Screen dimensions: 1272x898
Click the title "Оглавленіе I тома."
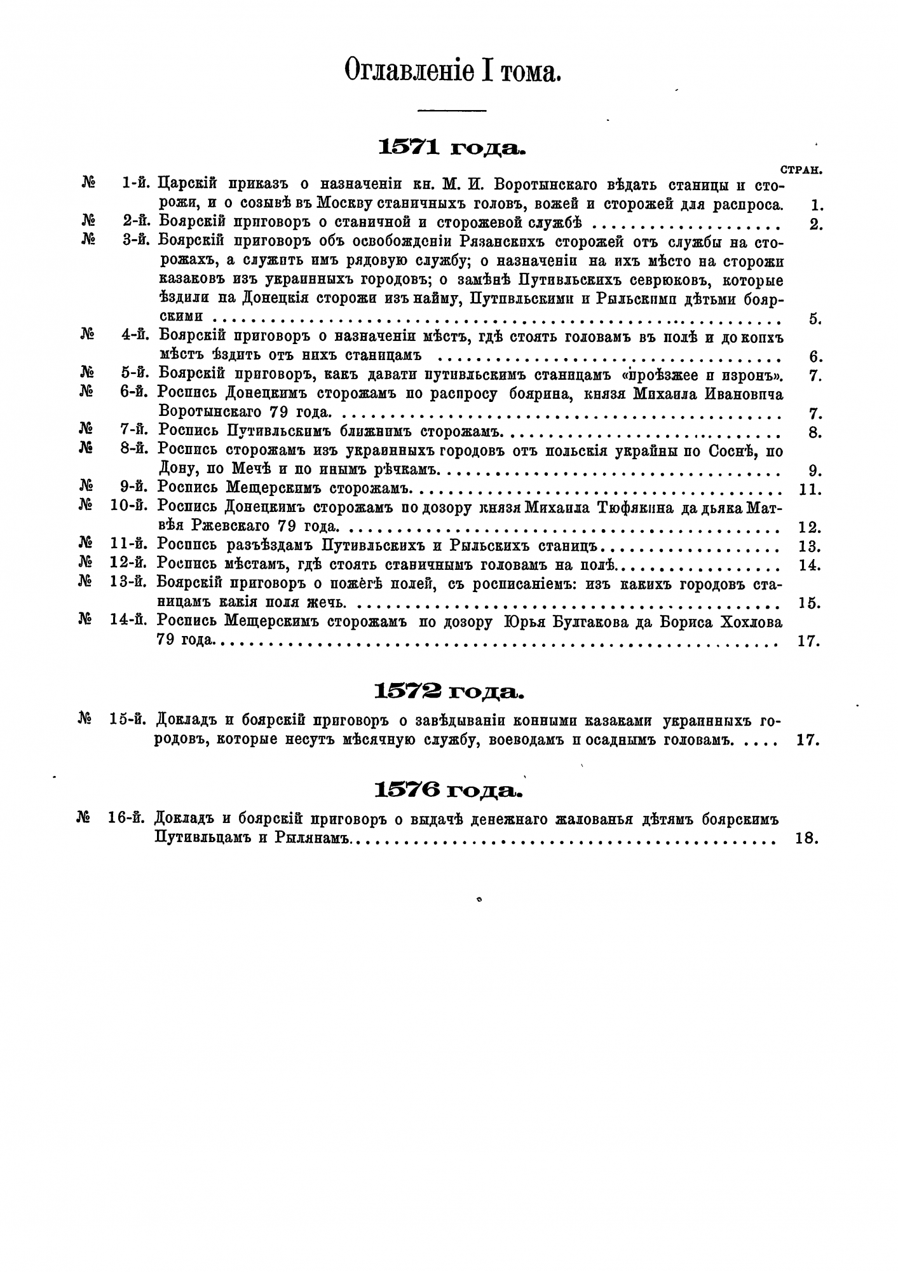tap(452, 71)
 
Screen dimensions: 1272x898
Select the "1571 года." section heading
tap(452, 148)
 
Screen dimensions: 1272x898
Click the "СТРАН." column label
tap(800, 170)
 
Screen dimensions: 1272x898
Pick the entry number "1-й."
tap(135, 184)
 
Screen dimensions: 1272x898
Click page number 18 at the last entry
tap(806, 839)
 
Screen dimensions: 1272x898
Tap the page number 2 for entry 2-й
tap(816, 225)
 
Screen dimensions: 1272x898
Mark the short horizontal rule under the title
tap(452, 111)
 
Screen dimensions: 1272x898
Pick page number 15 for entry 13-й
tap(808, 603)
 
